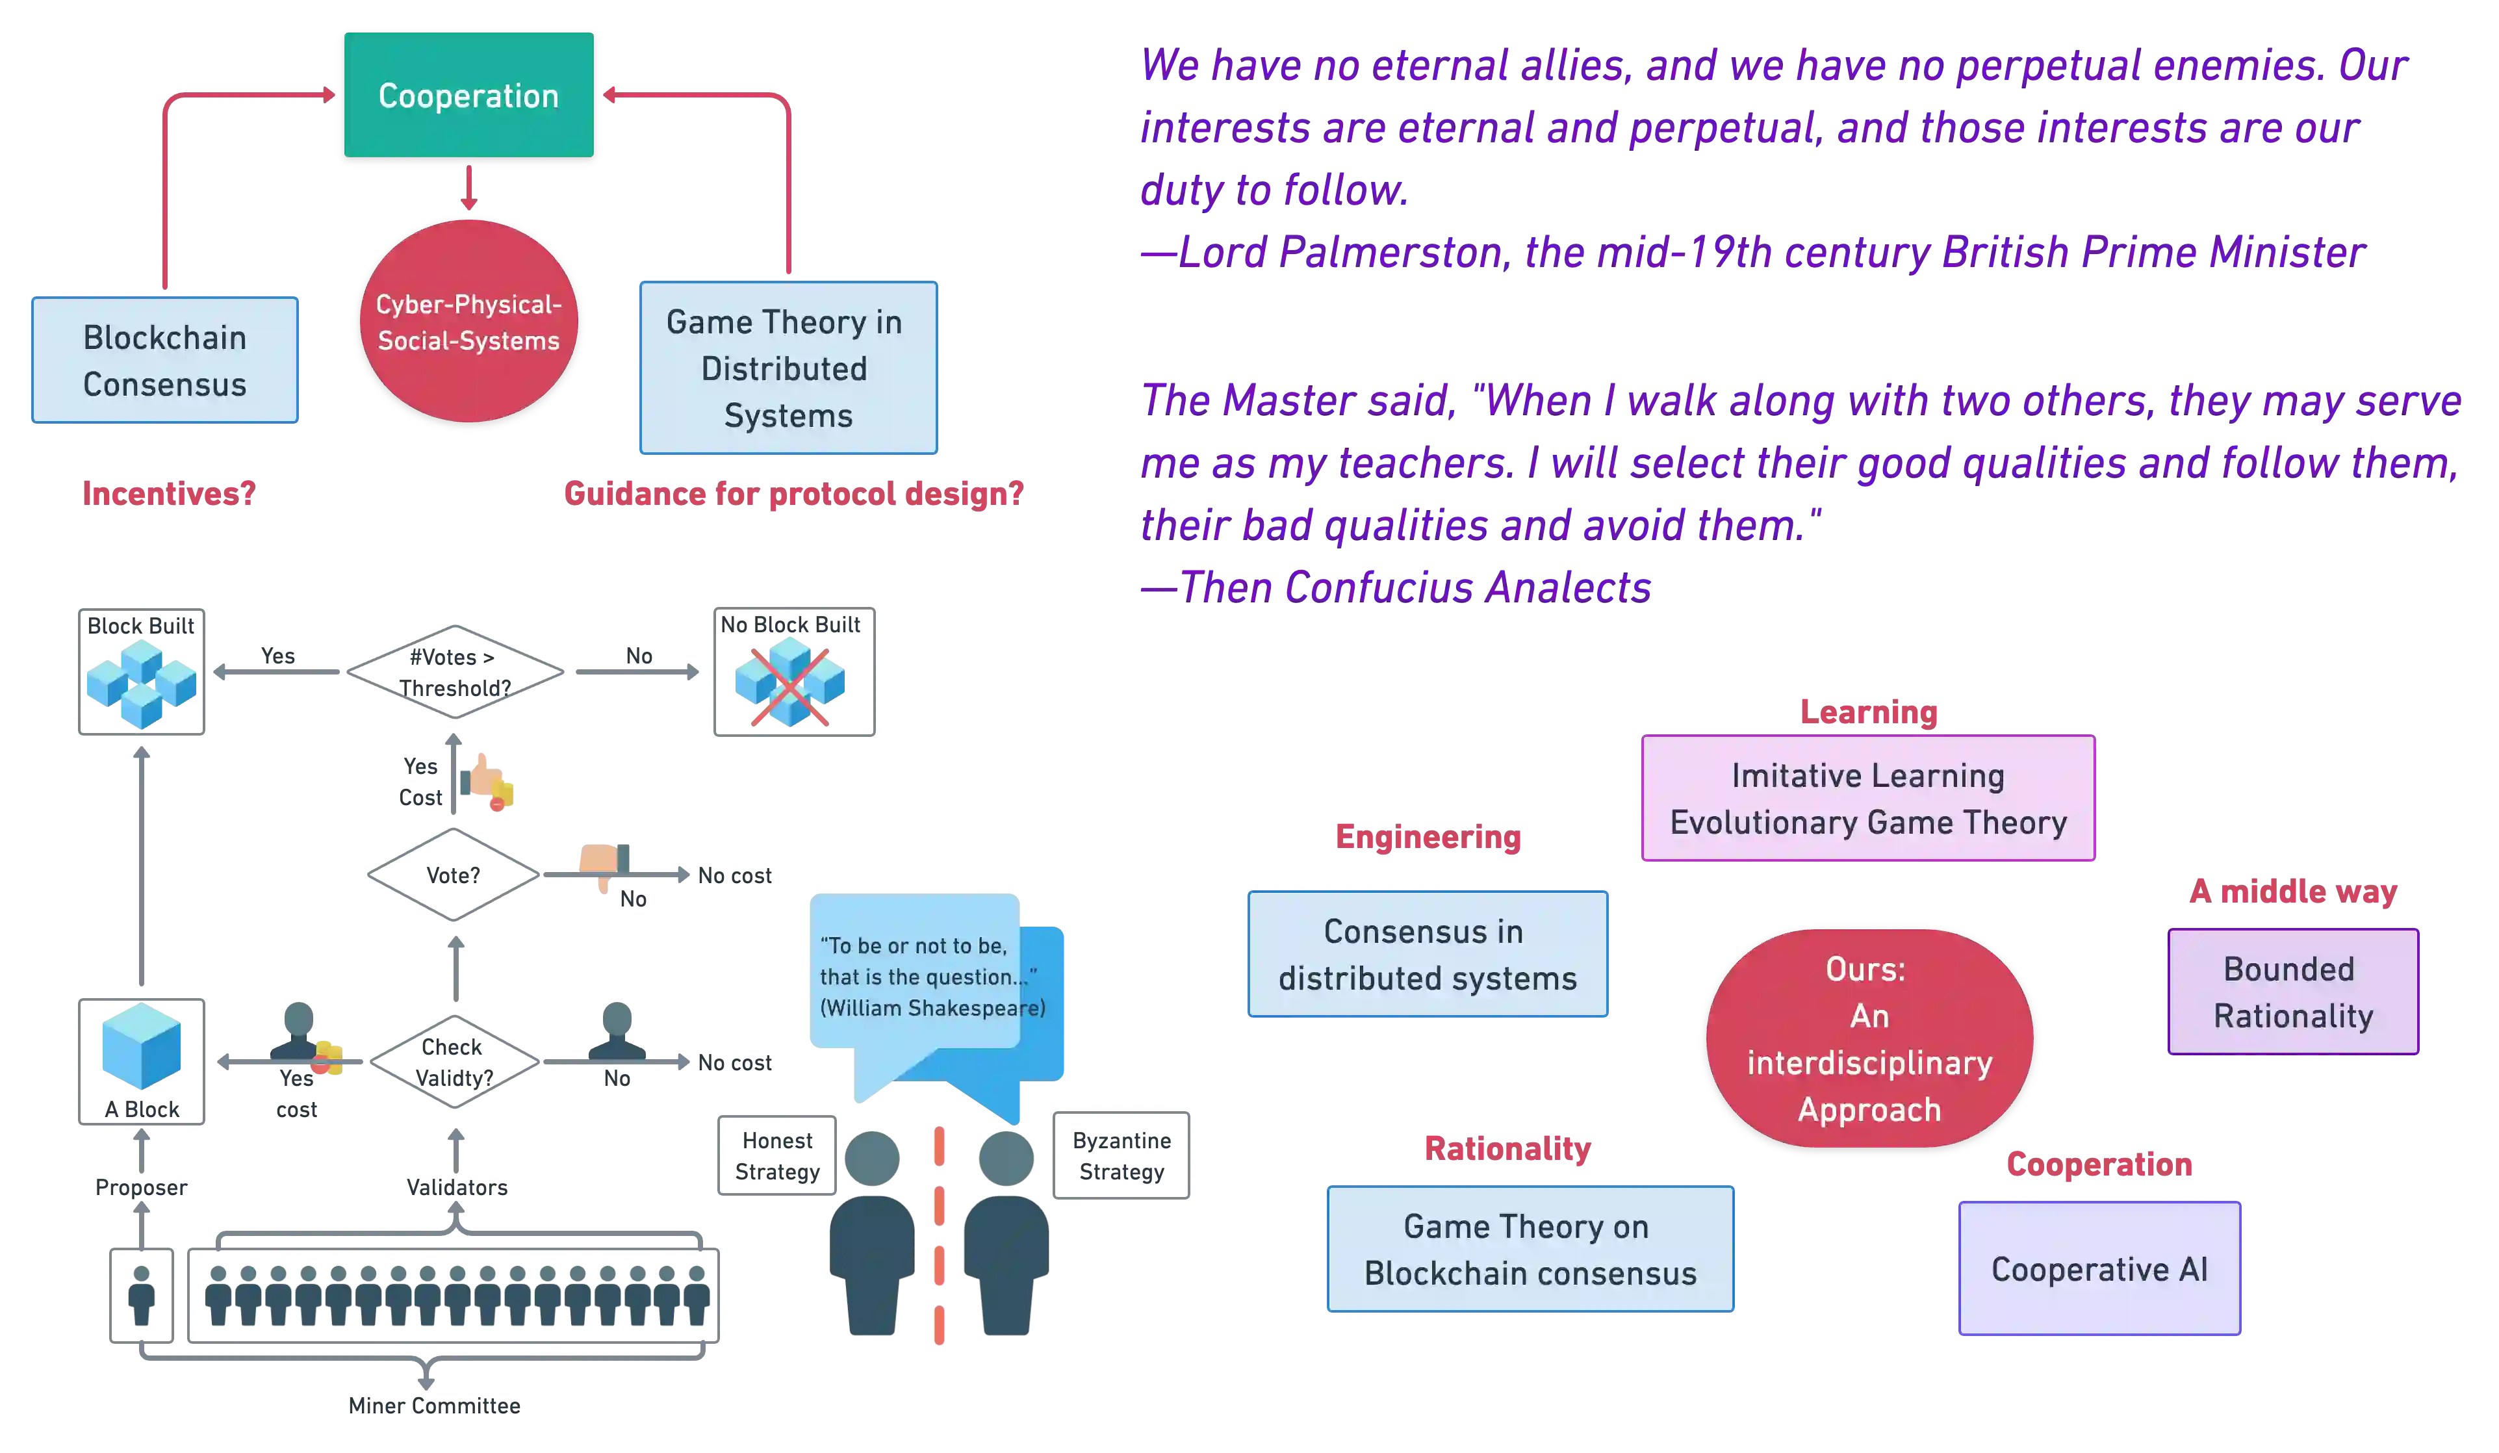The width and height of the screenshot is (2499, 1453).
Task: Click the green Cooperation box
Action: (468, 96)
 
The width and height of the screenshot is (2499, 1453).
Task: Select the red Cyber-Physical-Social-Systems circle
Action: (468, 322)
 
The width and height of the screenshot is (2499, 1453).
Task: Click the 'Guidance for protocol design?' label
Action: (791, 493)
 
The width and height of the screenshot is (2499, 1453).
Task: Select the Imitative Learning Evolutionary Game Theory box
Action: (1867, 799)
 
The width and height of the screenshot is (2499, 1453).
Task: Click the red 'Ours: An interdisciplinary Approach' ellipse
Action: (1868, 1038)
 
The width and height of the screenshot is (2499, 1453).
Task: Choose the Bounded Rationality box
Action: (2293, 992)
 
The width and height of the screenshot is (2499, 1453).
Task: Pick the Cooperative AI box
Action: (2099, 1268)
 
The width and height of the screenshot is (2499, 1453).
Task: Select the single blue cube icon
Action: (141, 1046)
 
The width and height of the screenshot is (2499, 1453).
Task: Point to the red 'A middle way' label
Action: (2293, 892)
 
